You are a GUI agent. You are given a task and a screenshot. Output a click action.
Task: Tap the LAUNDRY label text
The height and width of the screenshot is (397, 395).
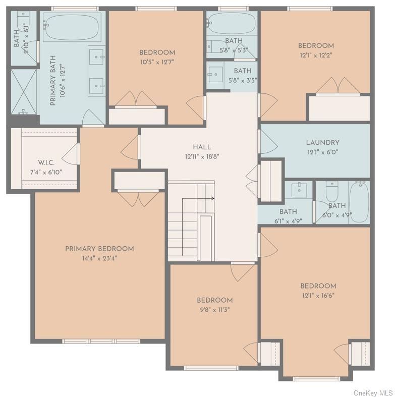coord(322,143)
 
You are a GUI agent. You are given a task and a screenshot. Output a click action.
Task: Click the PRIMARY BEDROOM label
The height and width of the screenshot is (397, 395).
coord(99,249)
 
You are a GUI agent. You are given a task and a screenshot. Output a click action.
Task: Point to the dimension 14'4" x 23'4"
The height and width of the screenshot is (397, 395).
coord(99,258)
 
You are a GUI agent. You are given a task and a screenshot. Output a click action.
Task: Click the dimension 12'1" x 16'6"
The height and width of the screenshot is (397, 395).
coord(318,296)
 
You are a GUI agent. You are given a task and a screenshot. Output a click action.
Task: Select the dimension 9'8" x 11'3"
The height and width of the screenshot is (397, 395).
coord(214,310)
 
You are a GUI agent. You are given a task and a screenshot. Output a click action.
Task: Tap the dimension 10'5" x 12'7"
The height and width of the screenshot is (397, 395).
coord(157,62)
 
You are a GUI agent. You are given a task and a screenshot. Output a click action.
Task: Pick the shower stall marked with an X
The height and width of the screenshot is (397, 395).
coord(24,91)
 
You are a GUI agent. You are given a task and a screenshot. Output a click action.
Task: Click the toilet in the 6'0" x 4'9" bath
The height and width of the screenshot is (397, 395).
coord(331,192)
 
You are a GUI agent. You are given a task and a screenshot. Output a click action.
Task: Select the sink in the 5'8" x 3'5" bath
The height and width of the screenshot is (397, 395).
coord(215,73)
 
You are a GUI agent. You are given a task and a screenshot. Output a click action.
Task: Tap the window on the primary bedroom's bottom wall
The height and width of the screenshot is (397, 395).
coord(101,341)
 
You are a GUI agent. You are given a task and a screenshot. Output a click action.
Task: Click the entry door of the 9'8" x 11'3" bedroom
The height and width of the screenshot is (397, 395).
coord(243,271)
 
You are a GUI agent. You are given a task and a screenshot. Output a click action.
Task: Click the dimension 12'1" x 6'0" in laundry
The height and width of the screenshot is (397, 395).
coord(322,152)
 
